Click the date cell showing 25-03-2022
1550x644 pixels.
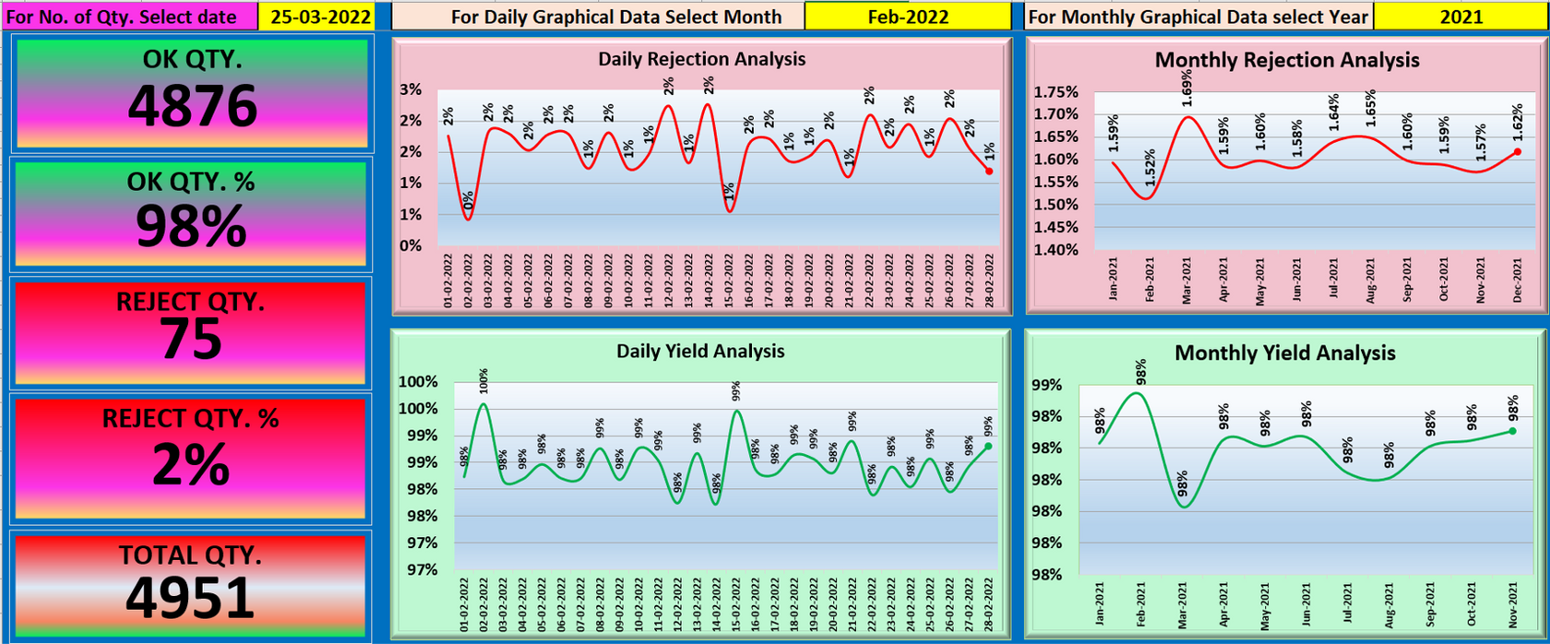click(x=316, y=17)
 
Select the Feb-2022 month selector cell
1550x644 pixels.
click(x=907, y=17)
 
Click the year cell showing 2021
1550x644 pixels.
click(x=1461, y=17)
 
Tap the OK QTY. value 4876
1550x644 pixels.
click(x=192, y=106)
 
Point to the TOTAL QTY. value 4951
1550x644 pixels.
click(x=190, y=598)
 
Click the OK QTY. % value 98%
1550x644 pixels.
click(x=191, y=226)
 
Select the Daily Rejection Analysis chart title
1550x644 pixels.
click(x=701, y=59)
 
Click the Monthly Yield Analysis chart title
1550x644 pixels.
click(x=1284, y=353)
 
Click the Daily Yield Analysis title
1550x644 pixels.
click(x=700, y=352)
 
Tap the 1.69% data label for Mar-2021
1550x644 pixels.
click(x=1186, y=87)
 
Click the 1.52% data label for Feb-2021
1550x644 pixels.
click(x=1150, y=168)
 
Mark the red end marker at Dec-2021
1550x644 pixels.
click(x=1517, y=152)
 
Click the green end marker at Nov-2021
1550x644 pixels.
click(x=1513, y=431)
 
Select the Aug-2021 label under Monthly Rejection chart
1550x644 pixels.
click(x=1370, y=281)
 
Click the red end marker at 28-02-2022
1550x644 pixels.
click(x=989, y=171)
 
